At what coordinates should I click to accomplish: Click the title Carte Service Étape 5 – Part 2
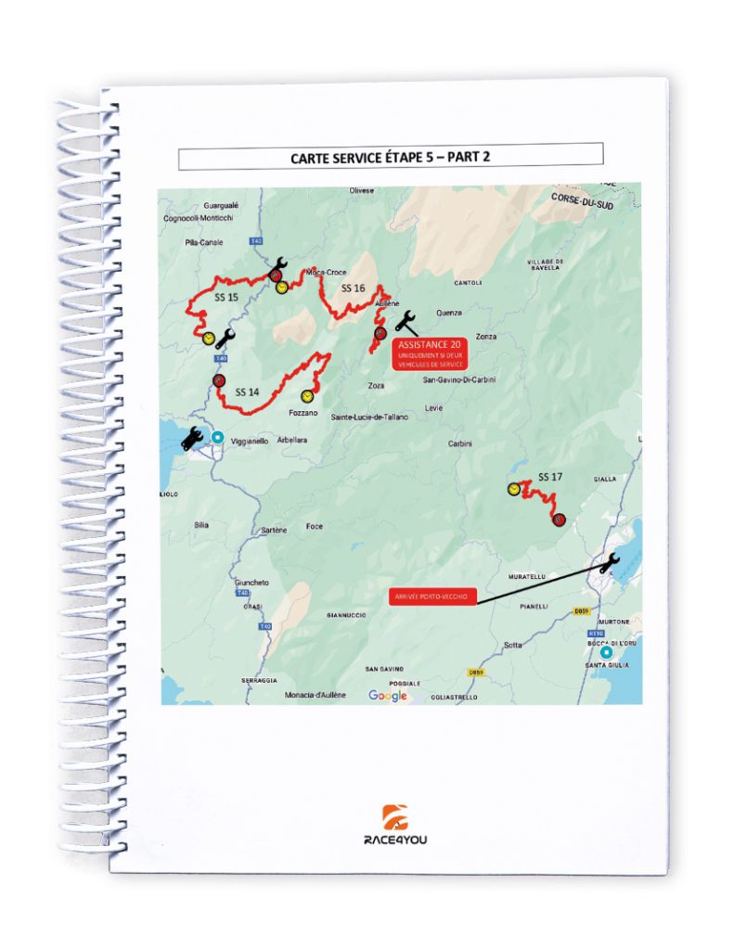[x=390, y=157]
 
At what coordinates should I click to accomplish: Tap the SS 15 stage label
[x=225, y=298]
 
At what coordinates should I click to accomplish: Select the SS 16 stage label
[x=353, y=289]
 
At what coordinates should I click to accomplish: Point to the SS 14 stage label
[x=247, y=392]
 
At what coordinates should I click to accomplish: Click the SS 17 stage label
[x=551, y=477]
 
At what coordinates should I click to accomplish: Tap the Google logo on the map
[x=388, y=696]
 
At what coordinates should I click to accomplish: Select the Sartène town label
[x=274, y=529]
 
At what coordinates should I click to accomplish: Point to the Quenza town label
[x=448, y=313]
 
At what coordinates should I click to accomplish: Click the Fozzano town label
[x=303, y=412]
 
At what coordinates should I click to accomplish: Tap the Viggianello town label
[x=249, y=442]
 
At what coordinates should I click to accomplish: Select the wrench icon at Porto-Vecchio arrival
[x=609, y=563]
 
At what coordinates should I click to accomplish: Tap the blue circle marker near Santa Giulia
[x=606, y=651]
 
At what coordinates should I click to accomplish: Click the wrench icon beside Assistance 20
[x=406, y=321]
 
